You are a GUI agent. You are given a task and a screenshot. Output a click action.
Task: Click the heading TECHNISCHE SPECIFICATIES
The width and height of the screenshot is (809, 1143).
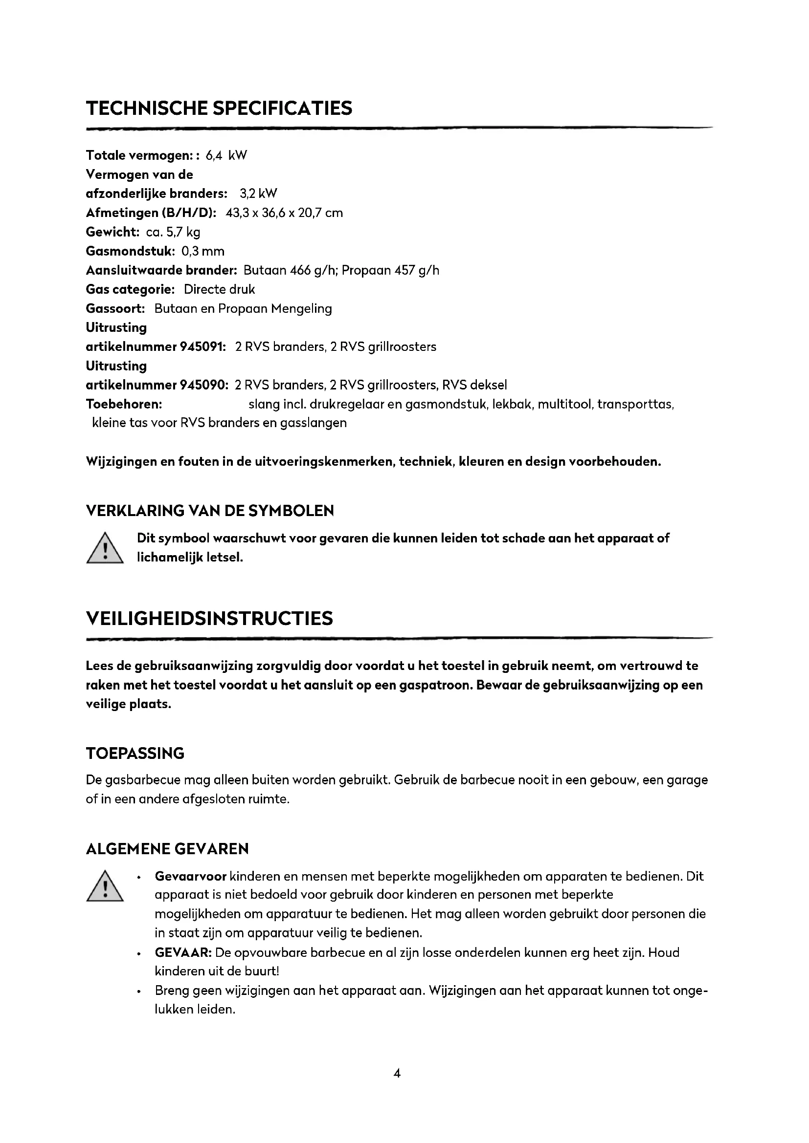(x=219, y=108)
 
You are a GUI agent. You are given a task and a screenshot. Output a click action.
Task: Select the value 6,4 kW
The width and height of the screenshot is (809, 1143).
(x=226, y=155)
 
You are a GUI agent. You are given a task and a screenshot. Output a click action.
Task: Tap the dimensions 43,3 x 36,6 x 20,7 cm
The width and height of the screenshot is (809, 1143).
(x=284, y=213)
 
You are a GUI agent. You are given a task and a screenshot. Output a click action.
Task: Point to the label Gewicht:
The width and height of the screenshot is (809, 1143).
(x=112, y=232)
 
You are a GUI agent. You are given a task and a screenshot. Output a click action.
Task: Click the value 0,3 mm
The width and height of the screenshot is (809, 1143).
(x=203, y=251)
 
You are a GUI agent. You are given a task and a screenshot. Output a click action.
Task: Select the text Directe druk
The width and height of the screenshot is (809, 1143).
(x=219, y=289)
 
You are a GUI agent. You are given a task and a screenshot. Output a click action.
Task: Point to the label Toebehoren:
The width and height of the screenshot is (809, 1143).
(x=124, y=404)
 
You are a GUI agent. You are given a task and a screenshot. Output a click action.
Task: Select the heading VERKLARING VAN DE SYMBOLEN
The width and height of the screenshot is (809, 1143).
(x=210, y=511)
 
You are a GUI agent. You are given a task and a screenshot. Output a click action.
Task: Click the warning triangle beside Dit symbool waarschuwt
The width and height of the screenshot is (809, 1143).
(x=105, y=549)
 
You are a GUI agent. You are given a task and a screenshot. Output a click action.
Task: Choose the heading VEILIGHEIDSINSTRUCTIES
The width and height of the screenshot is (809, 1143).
(x=209, y=618)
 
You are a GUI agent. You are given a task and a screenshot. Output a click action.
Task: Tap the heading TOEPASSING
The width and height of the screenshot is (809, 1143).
(x=135, y=753)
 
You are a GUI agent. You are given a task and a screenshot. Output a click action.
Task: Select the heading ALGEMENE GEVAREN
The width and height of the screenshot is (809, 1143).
(x=167, y=849)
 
